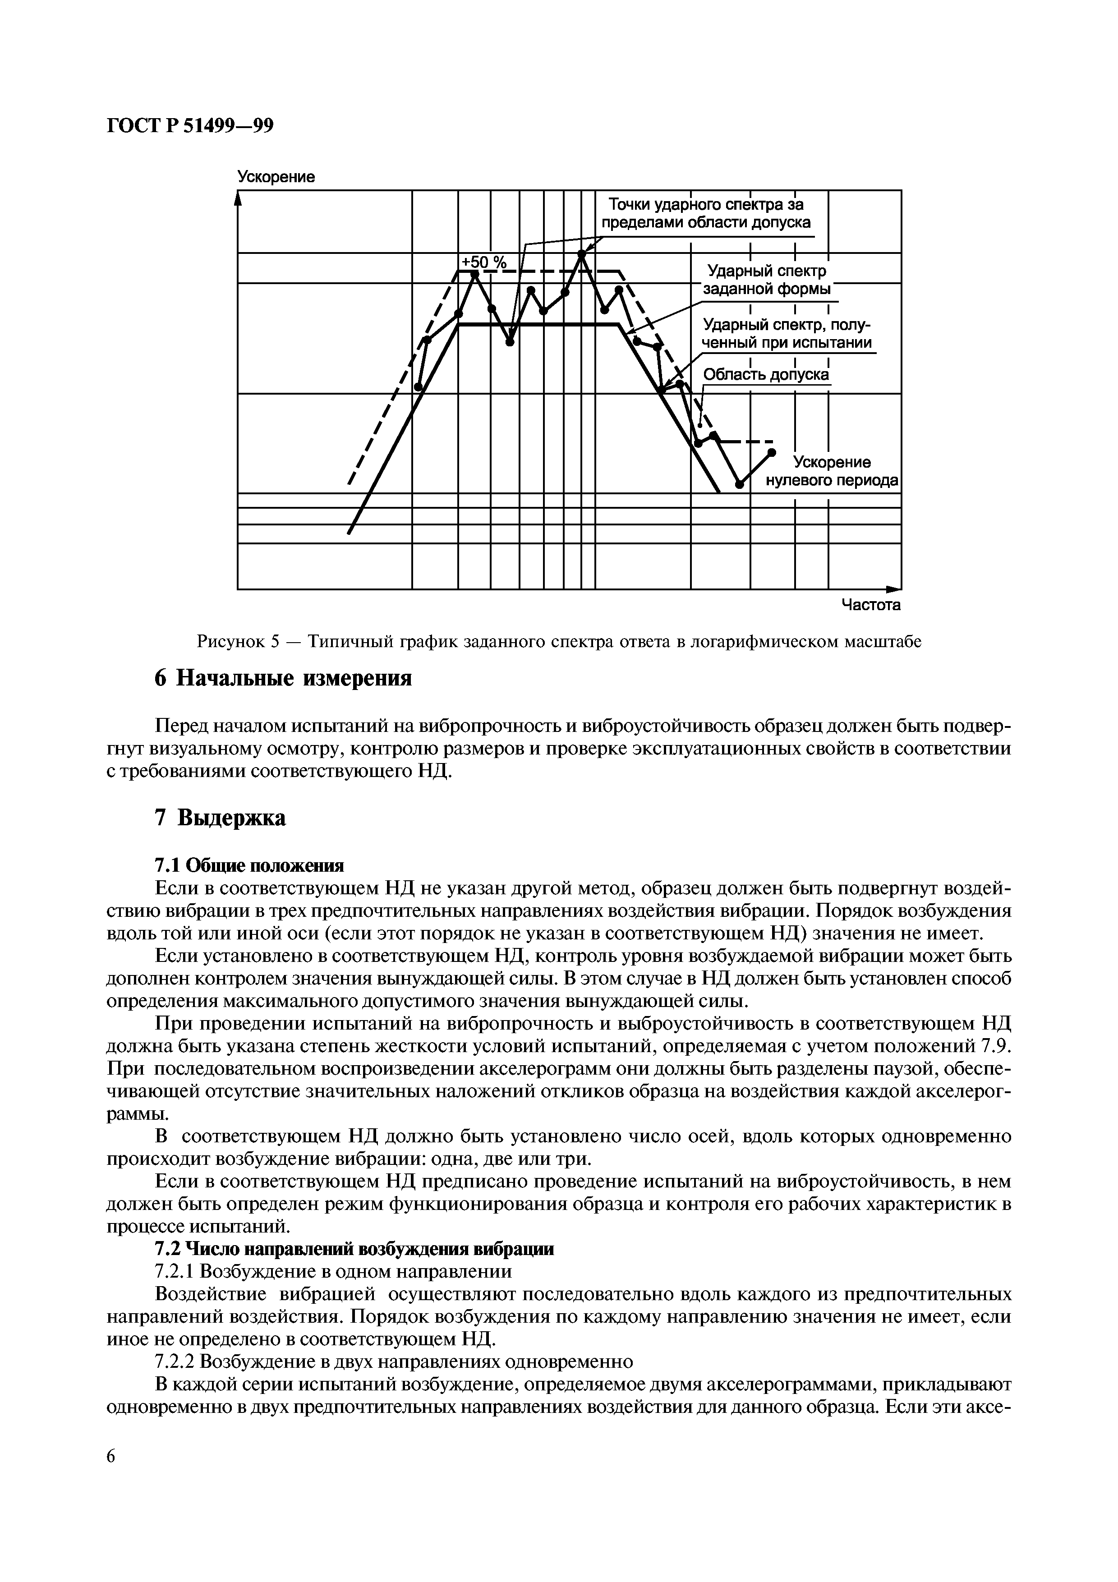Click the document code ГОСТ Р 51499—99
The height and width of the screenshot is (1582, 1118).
pyautogui.click(x=190, y=126)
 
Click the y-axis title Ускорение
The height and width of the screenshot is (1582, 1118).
pyautogui.click(x=276, y=177)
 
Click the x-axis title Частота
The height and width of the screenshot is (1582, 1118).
pyautogui.click(x=871, y=605)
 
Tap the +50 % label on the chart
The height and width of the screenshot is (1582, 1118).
pyautogui.click(x=483, y=262)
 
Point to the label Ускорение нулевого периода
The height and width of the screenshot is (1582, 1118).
pyautogui.click(x=832, y=471)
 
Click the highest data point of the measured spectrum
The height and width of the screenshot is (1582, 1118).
pyautogui.click(x=581, y=254)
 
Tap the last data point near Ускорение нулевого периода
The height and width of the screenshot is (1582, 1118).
pyautogui.click(x=772, y=453)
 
